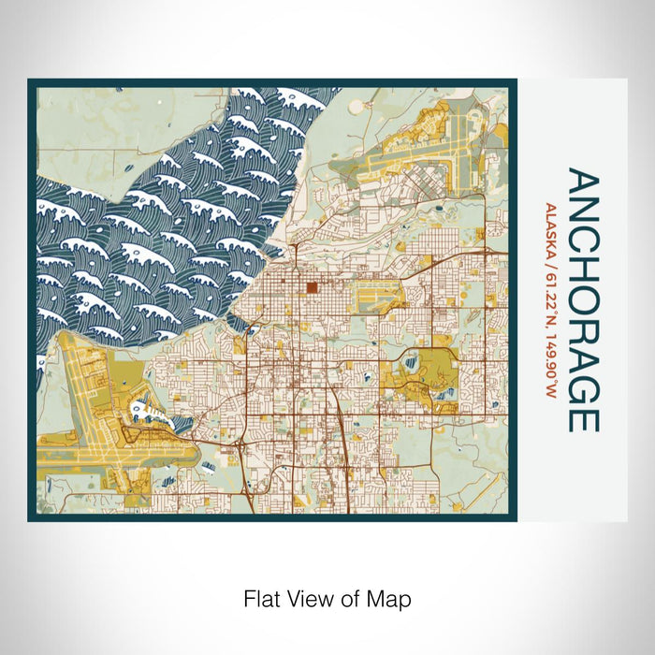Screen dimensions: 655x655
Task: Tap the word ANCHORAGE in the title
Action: tap(583, 300)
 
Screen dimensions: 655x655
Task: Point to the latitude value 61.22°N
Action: tap(552, 295)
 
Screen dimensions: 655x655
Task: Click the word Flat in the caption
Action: tap(262, 598)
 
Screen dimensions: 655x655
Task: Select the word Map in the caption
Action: tap(392, 598)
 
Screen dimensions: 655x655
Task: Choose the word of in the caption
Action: tap(354, 598)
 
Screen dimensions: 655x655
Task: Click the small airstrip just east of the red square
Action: tap(374, 301)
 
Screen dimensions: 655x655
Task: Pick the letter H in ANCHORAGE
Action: tap(583, 255)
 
